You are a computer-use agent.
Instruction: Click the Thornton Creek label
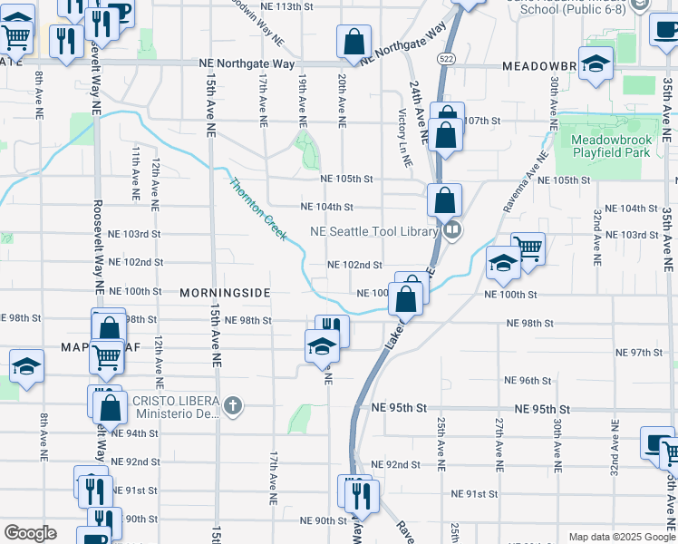click(258, 209)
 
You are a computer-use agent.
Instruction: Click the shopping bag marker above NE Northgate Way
click(354, 41)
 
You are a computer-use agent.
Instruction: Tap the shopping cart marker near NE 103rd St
click(528, 248)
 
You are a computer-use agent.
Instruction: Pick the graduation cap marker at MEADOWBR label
click(596, 63)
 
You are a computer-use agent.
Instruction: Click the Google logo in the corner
click(30, 532)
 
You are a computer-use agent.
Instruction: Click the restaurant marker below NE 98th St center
click(333, 330)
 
